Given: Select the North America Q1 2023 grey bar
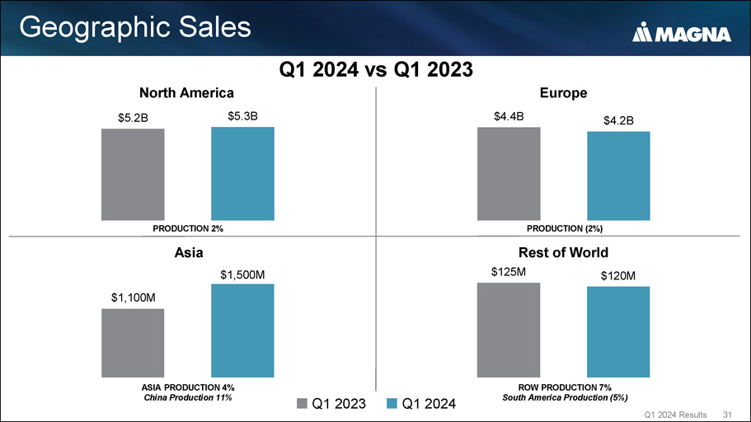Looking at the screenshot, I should [x=133, y=174].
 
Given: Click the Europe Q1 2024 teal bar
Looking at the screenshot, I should [x=618, y=176].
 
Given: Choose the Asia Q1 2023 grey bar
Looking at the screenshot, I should [x=133, y=342].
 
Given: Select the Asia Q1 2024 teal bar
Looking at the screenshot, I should [x=242, y=330].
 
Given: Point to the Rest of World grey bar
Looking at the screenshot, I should [x=509, y=329].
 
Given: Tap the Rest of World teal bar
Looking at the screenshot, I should [x=618, y=331].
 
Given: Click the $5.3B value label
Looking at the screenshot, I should [x=242, y=116].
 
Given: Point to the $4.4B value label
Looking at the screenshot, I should [x=509, y=116].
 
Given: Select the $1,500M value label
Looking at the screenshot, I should [x=242, y=273].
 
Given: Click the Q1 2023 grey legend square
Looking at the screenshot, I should [x=302, y=403].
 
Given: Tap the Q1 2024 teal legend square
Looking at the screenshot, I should [x=392, y=403].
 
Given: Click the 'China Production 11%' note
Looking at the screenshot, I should [x=187, y=398].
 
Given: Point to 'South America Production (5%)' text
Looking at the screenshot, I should [x=564, y=398].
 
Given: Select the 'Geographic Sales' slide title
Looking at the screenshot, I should [x=134, y=27].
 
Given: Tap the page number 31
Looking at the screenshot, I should [x=726, y=413].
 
